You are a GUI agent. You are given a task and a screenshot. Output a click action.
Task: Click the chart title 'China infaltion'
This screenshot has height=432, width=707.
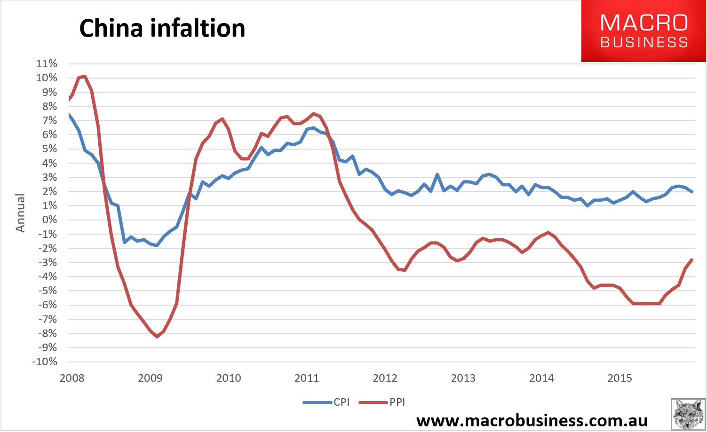tap(162, 28)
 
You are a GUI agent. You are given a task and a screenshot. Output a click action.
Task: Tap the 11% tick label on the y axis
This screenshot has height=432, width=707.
tap(47, 64)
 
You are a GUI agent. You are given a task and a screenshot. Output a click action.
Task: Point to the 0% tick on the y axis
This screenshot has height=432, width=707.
tap(49, 220)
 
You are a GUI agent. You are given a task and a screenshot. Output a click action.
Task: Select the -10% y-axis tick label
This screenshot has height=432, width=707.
tap(45, 361)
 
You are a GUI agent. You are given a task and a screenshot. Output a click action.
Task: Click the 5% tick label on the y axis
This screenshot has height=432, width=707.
tap(49, 149)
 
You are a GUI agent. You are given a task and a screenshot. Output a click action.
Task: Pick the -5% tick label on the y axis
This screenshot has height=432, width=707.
tap(48, 291)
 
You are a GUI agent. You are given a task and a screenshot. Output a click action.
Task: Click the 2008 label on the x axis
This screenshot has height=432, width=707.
tap(72, 378)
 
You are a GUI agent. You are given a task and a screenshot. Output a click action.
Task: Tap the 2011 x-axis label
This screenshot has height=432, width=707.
tap(307, 378)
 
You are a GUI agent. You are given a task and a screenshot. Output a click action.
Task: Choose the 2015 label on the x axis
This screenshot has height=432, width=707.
tap(620, 378)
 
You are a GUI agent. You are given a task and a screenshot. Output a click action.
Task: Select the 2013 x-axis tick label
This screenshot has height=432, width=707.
tap(463, 378)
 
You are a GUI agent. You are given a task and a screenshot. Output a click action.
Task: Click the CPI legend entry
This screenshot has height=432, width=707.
tap(326, 402)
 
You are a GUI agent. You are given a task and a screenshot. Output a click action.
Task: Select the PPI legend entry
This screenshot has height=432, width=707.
tap(382, 402)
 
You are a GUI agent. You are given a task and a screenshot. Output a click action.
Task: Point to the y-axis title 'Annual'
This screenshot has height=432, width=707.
tap(20, 213)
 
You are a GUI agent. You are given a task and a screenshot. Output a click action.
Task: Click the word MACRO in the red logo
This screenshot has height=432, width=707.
tap(644, 23)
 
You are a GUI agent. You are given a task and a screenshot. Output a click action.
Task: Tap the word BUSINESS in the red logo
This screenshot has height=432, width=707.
tap(644, 43)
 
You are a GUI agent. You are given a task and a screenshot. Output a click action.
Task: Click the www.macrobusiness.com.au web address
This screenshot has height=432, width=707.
tap(532, 421)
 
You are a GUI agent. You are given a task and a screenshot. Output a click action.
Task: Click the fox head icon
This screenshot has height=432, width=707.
tap(688, 414)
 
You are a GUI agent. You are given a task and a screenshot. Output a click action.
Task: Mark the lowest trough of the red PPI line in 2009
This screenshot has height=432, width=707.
tap(157, 337)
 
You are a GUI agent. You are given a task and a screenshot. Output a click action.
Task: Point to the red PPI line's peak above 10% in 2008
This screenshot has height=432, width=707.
tap(85, 76)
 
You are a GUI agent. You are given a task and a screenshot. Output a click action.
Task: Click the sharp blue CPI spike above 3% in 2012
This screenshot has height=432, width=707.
tap(437, 174)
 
